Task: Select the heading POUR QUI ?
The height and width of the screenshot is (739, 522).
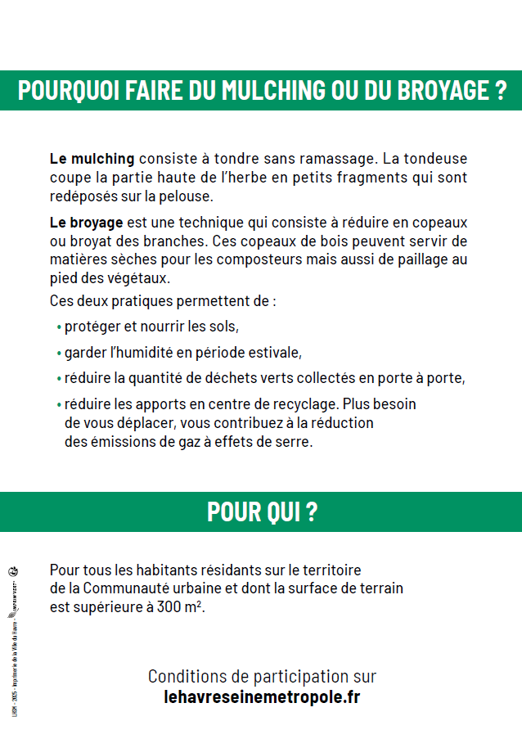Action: pos(262,512)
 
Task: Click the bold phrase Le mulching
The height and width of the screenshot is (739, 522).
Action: pos(92,158)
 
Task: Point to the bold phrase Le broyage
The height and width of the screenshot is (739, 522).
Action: pos(86,222)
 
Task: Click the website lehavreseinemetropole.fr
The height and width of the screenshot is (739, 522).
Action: pos(262,697)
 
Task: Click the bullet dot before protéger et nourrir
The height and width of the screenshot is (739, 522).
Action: pos(60,327)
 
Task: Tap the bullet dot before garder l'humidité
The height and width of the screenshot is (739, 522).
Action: pos(60,354)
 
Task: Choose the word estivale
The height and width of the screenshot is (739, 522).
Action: pos(274,353)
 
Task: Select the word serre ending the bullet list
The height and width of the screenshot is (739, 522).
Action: pos(295,442)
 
